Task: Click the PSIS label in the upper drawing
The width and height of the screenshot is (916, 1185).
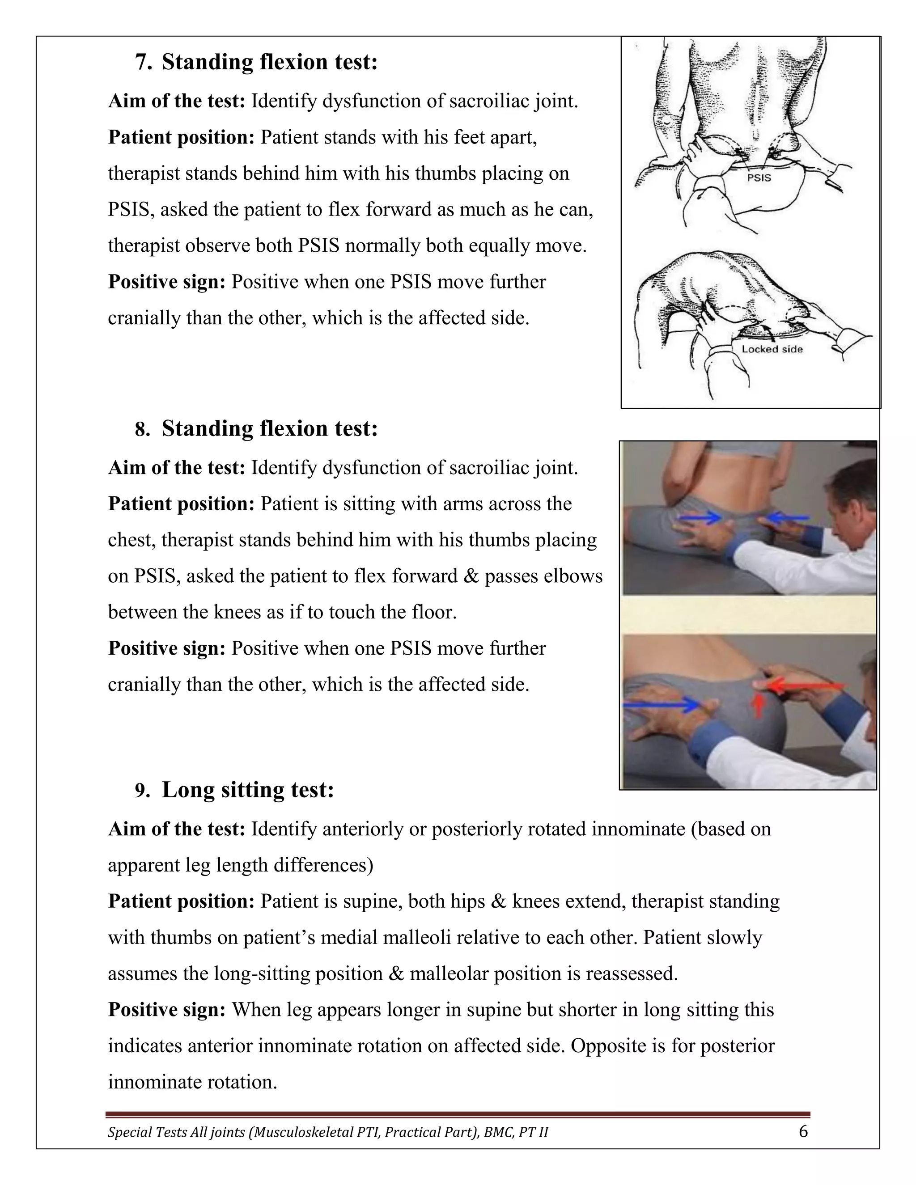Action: coord(759,178)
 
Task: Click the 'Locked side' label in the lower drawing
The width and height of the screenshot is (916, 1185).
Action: coord(772,349)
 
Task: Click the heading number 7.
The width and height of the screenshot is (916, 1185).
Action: coord(143,63)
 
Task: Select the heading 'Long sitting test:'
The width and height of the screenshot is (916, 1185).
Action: coord(248,789)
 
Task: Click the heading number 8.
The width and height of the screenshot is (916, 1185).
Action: coord(143,429)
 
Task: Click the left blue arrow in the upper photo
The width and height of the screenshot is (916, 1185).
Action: coord(700,519)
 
